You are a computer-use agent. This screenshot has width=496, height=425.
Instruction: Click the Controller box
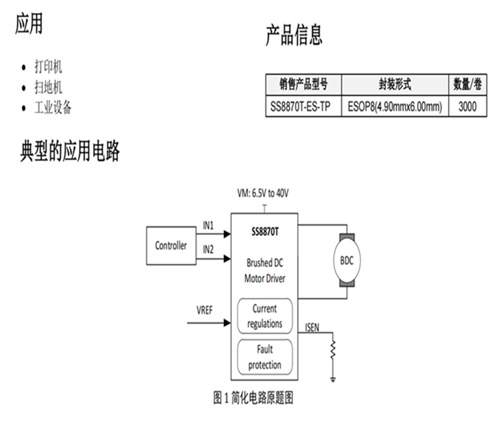(170, 246)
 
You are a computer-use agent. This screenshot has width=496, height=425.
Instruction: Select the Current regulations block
(265, 316)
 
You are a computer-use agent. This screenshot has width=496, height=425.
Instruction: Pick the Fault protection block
(265, 357)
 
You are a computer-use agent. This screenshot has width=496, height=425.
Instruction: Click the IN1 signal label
(209, 226)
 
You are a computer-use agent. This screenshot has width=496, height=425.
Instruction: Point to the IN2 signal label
(209, 249)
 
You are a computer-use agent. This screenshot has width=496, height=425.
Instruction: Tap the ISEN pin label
(312, 327)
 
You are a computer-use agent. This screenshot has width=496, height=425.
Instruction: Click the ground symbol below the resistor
(333, 378)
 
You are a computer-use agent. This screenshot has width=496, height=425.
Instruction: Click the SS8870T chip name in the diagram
(265, 232)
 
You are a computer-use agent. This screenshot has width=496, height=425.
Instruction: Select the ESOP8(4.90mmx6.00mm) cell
(395, 107)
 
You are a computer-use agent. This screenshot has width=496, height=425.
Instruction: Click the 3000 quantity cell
(467, 107)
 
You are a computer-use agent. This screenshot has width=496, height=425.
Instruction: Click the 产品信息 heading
(294, 35)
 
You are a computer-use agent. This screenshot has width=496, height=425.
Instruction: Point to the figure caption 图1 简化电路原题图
(253, 398)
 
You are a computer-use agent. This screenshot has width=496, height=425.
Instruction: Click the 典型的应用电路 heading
(69, 151)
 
